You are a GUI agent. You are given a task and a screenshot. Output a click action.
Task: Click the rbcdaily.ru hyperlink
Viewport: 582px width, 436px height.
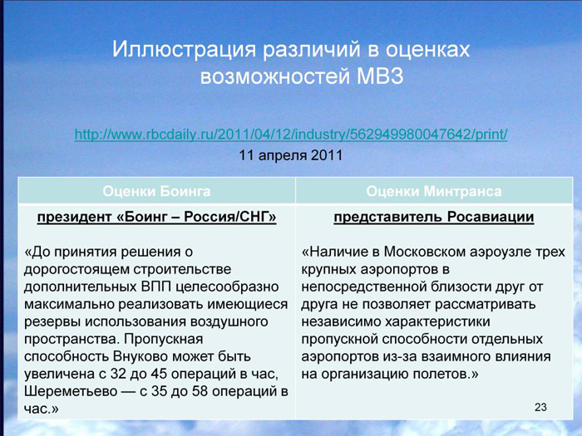(291, 135)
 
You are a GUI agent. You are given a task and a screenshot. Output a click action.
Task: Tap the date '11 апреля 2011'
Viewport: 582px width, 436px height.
(291, 155)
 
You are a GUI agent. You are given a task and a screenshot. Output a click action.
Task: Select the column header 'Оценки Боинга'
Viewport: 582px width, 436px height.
(156, 191)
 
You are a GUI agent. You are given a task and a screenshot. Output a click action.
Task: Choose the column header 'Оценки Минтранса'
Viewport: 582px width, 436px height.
(434, 191)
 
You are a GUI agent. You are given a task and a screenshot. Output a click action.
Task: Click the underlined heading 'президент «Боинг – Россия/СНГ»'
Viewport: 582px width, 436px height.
(156, 217)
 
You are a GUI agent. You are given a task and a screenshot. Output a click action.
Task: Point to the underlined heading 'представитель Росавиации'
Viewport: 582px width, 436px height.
(434, 217)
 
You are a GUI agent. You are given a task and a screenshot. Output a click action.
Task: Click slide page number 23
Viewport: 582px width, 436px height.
(540, 407)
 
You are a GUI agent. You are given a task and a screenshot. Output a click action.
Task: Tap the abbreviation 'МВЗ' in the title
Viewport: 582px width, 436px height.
(380, 76)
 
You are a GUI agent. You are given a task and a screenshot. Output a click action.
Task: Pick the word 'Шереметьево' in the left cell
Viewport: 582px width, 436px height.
(71, 391)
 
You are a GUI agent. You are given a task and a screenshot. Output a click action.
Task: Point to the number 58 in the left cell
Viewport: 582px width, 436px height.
(200, 391)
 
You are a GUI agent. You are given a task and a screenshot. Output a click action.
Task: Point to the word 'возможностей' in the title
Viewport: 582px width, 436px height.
(275, 76)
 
